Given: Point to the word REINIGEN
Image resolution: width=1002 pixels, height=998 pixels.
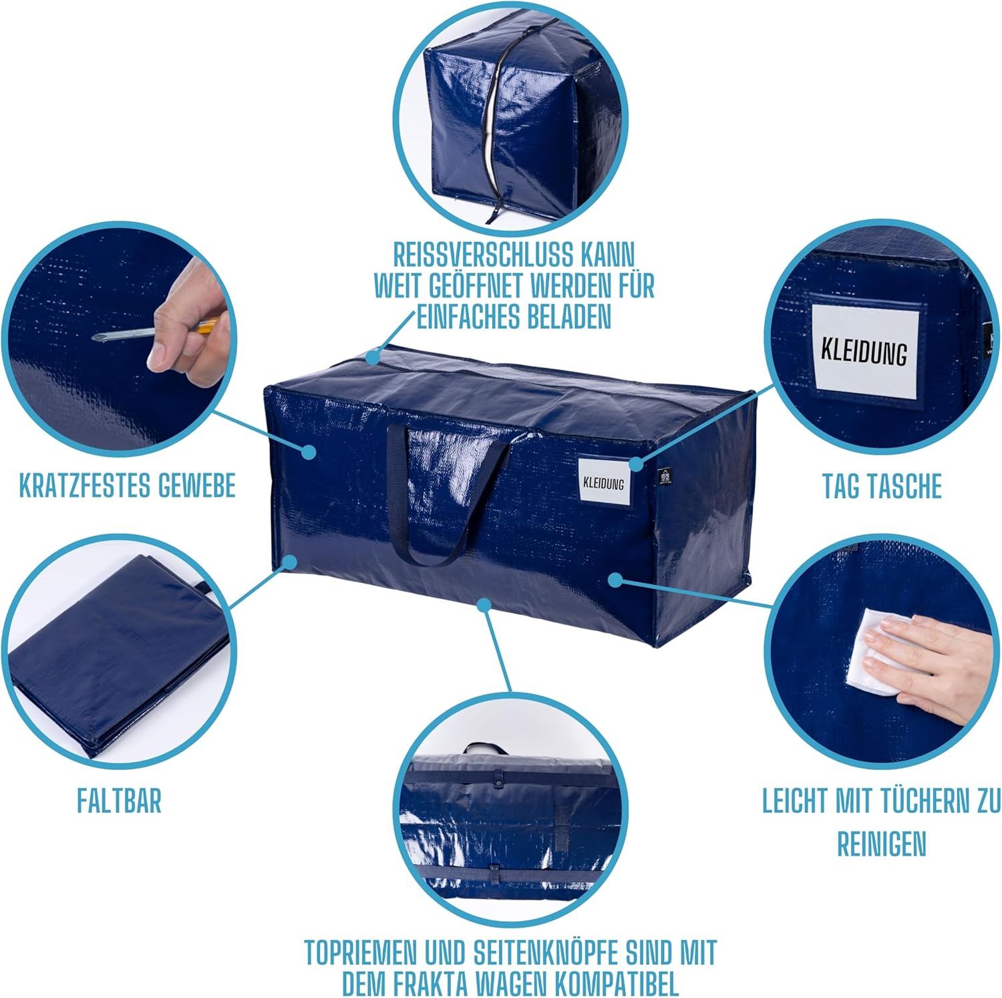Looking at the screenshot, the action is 881,844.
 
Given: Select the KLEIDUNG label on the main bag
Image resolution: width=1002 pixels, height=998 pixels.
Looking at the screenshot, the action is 603,482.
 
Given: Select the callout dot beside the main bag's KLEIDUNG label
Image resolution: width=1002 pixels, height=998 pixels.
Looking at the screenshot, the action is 635,463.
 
